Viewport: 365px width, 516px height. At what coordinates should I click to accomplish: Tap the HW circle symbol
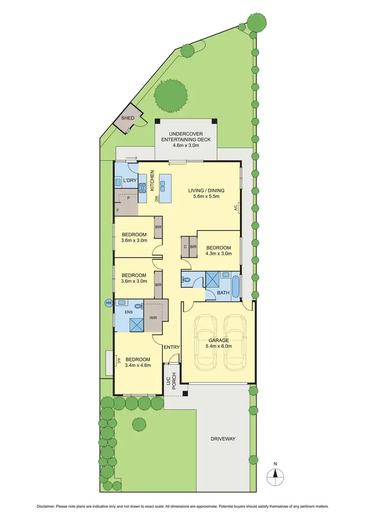pyautogui.click(x=109, y=303)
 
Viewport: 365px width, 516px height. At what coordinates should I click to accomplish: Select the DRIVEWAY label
pyautogui.click(x=223, y=439)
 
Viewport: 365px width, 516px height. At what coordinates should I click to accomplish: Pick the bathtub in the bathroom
pyautogui.click(x=236, y=287)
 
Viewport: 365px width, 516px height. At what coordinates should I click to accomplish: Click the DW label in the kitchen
pyautogui.click(x=157, y=199)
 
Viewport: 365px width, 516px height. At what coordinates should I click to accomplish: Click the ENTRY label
pyautogui.click(x=171, y=347)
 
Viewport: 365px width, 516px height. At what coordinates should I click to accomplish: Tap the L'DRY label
pyautogui.click(x=129, y=180)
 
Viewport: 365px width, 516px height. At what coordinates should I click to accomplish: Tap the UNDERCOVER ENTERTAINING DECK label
pyautogui.click(x=185, y=137)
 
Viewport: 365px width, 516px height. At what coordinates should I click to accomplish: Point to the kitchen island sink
pyautogui.click(x=163, y=185)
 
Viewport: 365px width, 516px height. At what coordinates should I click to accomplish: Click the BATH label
pyautogui.click(x=223, y=293)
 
